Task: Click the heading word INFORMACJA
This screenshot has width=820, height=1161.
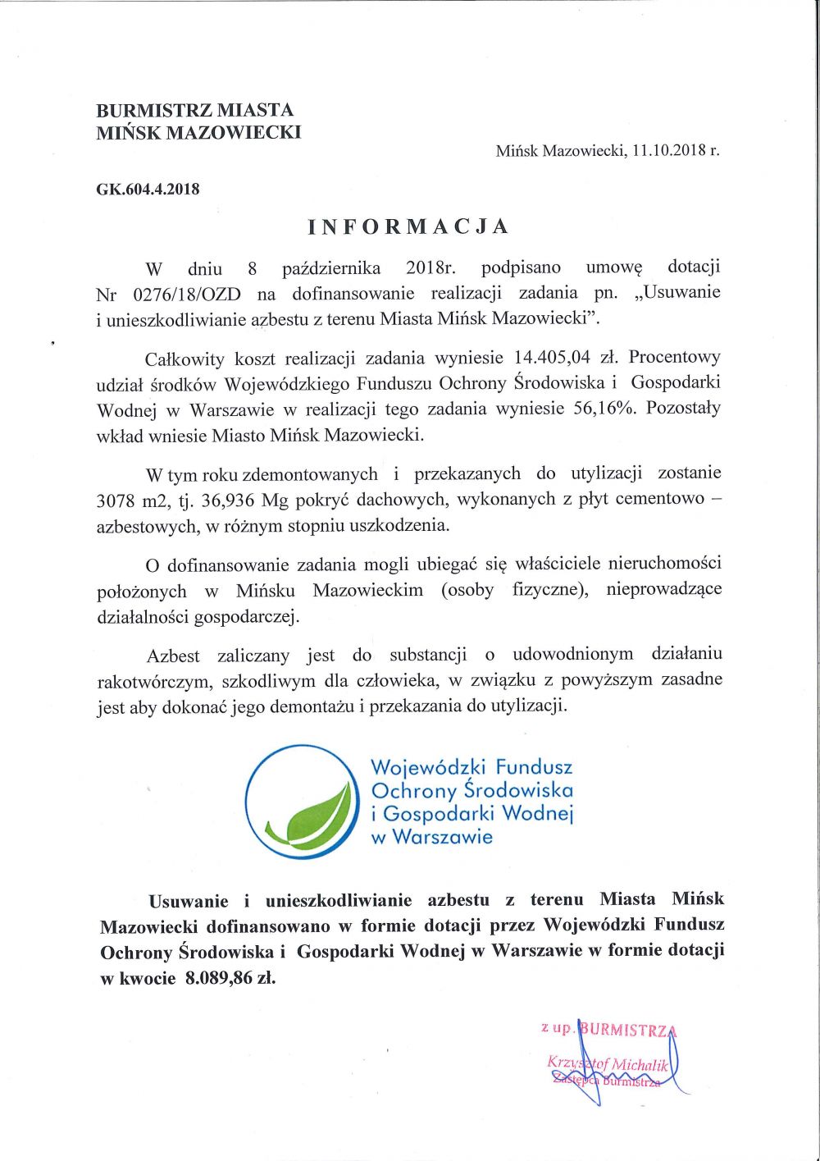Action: click(x=408, y=226)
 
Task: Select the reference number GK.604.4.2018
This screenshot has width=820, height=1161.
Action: click(x=148, y=189)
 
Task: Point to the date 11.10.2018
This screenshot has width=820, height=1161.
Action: click(x=669, y=151)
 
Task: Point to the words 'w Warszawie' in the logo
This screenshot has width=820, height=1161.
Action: click(x=432, y=838)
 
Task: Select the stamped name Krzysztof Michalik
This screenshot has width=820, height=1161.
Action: click(x=609, y=1064)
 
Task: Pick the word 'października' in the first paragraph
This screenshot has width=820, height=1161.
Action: click(x=331, y=268)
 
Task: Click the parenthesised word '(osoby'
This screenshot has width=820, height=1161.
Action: click(x=467, y=590)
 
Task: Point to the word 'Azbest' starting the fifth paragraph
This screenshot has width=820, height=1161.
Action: click(x=173, y=656)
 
